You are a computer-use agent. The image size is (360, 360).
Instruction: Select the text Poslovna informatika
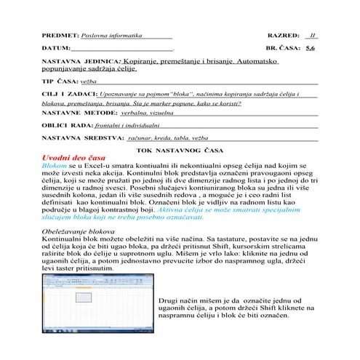[110, 34]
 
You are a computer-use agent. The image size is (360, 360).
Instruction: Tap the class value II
[312, 34]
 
